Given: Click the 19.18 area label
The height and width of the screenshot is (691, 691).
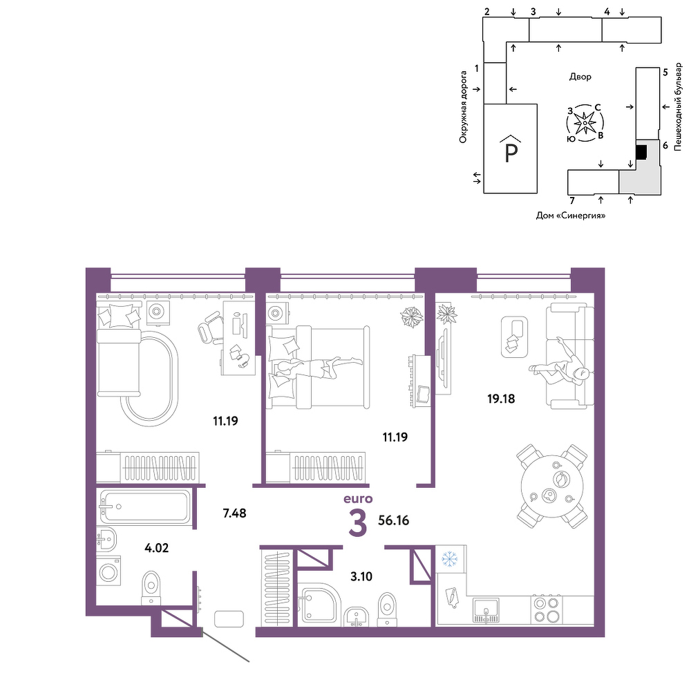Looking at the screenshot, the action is click(x=500, y=399).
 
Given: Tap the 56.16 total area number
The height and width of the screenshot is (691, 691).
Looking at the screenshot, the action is click(x=394, y=520).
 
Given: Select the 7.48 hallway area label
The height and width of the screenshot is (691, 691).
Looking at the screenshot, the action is click(x=234, y=513).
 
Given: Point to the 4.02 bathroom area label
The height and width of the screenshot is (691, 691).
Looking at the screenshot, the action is click(x=157, y=548).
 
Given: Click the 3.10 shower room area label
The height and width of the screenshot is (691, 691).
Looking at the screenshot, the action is click(x=361, y=576).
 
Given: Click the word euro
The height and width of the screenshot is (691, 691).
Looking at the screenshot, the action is click(x=358, y=499).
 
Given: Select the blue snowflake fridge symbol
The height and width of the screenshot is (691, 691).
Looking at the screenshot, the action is click(x=450, y=559).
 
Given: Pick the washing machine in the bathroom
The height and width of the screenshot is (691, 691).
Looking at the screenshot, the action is click(x=108, y=571).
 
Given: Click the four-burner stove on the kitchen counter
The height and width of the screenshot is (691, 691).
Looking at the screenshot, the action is click(x=547, y=609).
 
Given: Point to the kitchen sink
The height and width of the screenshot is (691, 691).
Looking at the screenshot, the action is click(x=486, y=610).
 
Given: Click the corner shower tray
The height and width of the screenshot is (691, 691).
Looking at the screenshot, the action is click(x=319, y=605).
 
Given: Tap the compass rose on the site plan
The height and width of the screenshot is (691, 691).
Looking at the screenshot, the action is click(x=585, y=123).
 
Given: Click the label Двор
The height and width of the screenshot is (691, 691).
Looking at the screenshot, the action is click(x=580, y=77).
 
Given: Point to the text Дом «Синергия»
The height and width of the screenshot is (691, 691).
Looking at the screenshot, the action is click(x=571, y=216).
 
